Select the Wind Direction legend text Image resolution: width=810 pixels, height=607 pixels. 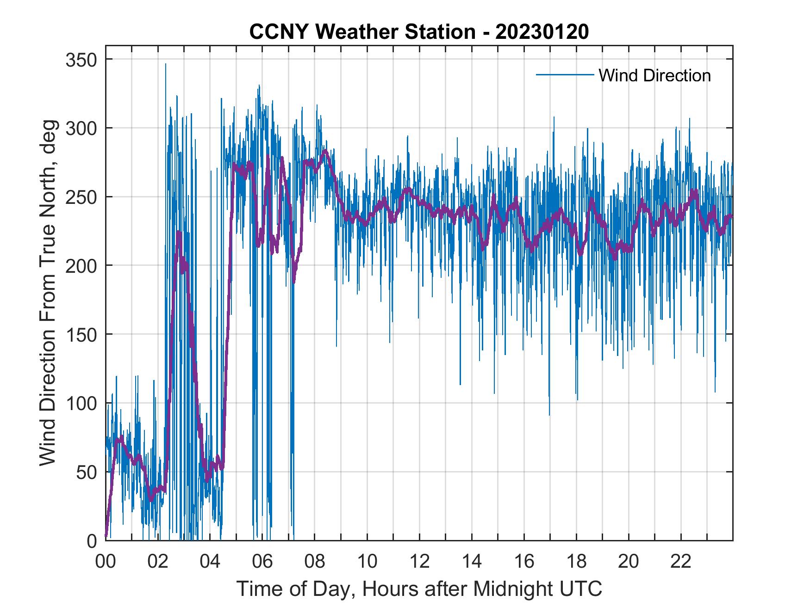coord(654,75)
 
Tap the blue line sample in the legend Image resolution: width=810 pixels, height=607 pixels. coord(564,74)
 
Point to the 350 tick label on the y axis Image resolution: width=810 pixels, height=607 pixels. coord(80,60)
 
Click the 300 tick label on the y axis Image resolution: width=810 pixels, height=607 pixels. coord(80,128)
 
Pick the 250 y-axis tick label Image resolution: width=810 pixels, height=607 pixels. coord(80,197)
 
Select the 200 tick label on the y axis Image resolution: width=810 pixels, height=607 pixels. coord(80,266)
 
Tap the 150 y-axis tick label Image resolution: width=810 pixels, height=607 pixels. coord(80,334)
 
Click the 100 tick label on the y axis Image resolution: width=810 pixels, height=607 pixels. coord(80,403)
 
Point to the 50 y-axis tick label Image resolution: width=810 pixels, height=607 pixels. coord(84,472)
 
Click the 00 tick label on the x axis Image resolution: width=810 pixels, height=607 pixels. coord(106,562)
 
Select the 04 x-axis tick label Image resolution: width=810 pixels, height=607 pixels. coord(210,562)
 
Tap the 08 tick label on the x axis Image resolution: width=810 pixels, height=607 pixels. coord(315,562)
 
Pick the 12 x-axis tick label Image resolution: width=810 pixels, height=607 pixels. coord(419,562)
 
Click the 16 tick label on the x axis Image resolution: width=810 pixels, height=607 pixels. coord(524,562)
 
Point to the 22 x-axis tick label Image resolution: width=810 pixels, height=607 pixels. coord(681,562)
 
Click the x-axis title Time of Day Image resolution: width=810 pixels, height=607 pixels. coord(419,589)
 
